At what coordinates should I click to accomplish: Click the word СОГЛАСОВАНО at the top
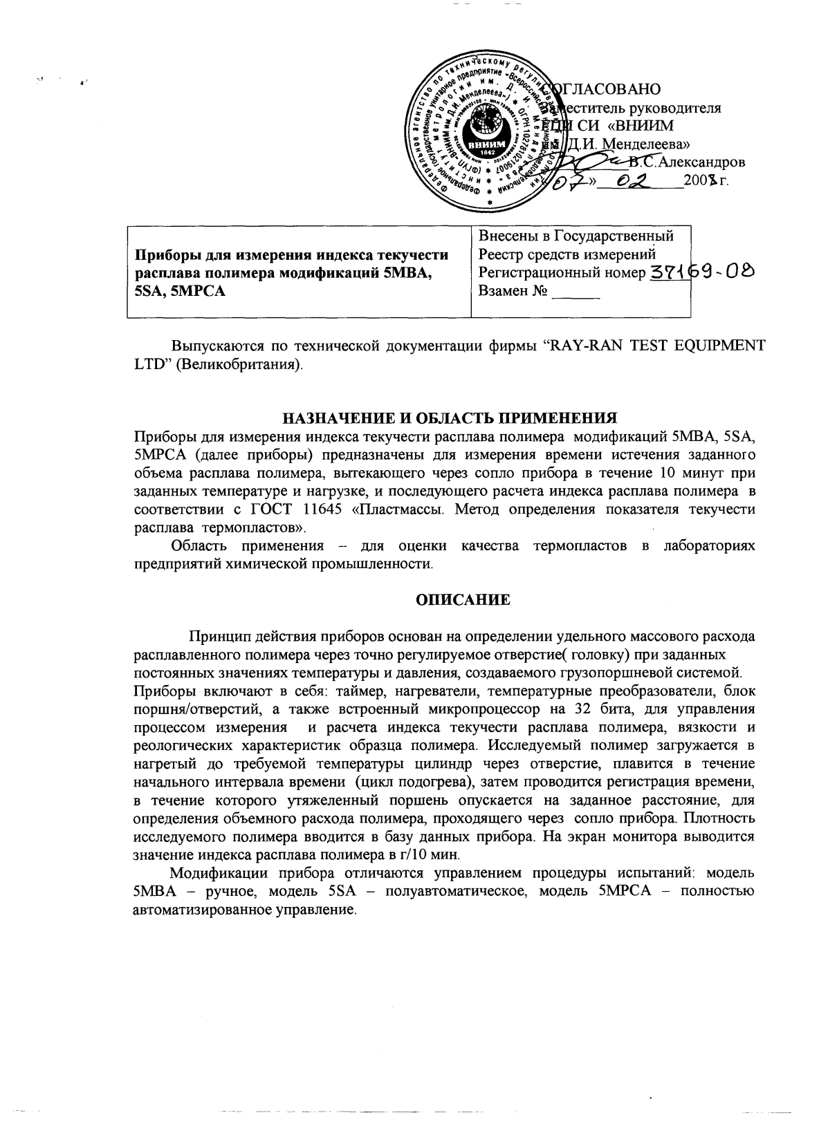tap(603, 90)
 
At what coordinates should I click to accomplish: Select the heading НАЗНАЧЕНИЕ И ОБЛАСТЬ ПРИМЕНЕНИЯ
tap(448, 418)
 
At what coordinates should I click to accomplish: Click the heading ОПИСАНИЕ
tap(462, 600)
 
